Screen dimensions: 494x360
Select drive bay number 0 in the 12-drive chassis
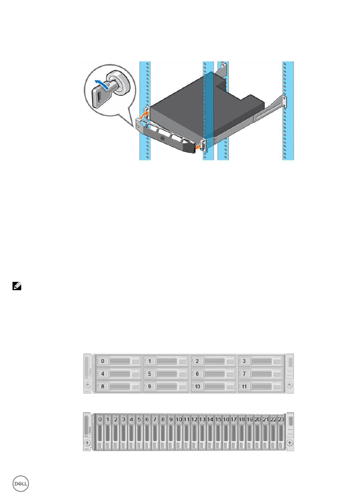coord(118,361)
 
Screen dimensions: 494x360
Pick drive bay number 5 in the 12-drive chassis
coord(166,374)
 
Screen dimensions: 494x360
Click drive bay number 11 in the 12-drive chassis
coord(260,386)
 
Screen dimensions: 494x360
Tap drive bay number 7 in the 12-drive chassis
coord(260,374)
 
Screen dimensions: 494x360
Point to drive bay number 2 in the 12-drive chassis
coord(213,361)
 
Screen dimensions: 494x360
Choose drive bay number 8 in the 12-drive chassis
coord(118,386)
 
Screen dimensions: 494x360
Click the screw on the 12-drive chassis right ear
coord(290,385)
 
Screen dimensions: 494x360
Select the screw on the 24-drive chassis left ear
coord(88,442)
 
